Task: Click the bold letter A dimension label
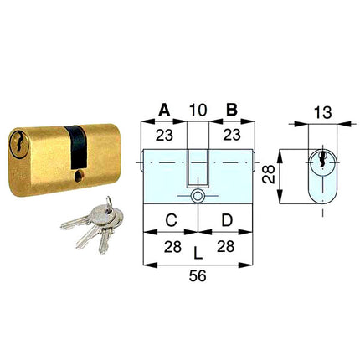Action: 164,110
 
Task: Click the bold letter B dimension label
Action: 232,110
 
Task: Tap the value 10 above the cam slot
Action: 198,110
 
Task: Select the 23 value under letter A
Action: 164,136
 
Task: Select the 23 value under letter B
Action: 232,136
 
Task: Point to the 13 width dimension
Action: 323,112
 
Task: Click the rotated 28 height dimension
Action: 269,174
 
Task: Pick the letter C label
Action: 171,220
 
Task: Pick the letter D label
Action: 227,220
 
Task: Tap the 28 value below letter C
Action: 172,247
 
